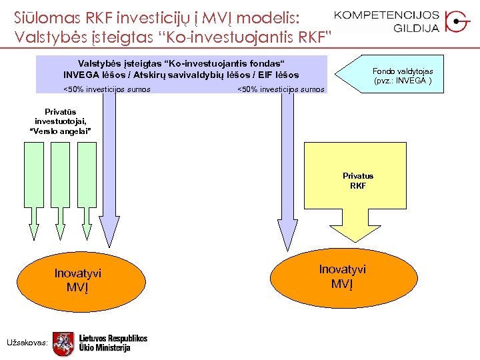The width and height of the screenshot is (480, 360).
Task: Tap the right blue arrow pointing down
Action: pos(287,173)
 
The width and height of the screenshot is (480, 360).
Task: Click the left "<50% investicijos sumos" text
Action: pos(107,89)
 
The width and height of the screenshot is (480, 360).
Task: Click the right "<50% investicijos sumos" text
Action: pos(281,89)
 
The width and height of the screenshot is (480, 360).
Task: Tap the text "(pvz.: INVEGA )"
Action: pos(403,81)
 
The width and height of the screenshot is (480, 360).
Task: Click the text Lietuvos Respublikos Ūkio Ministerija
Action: pos(113,343)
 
